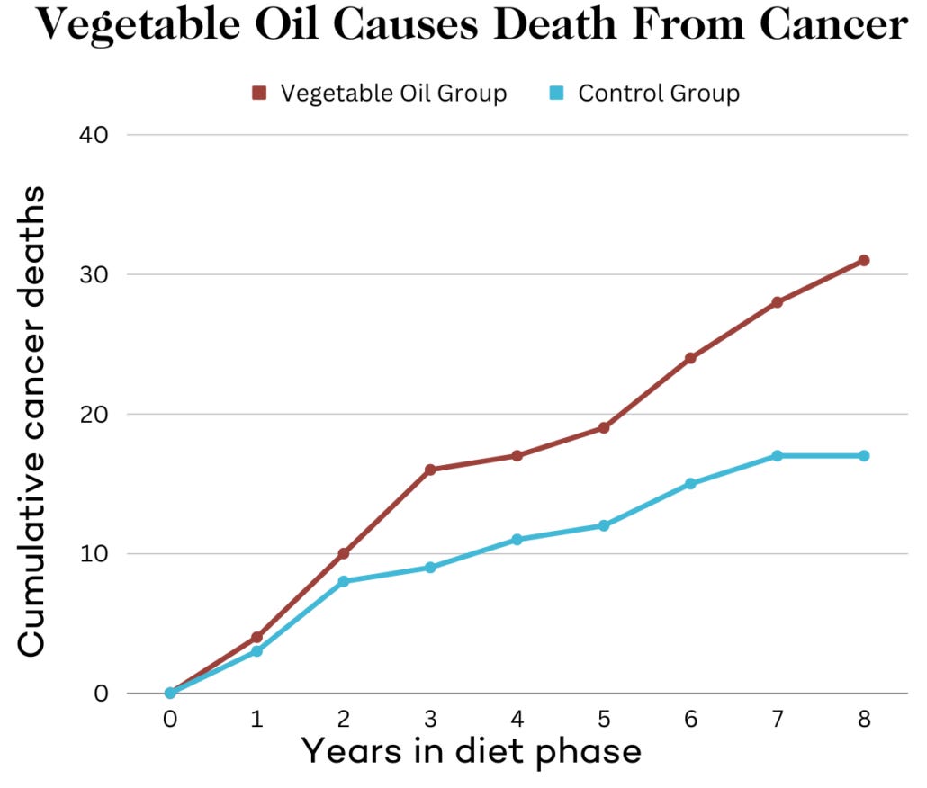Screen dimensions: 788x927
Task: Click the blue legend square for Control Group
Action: pos(556,93)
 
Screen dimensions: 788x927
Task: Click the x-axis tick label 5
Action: pos(603,720)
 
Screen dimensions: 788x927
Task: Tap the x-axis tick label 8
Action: pos(864,720)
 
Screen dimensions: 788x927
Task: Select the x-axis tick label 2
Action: pos(343,720)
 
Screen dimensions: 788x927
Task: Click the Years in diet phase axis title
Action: pos(471,749)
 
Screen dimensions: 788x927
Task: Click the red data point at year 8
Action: pos(864,260)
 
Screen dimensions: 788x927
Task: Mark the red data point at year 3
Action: pos(430,470)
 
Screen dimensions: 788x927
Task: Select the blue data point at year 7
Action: pos(777,456)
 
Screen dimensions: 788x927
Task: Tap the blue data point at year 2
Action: pos(343,581)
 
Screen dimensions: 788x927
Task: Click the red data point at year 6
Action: pos(690,358)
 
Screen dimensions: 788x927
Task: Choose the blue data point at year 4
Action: pos(517,540)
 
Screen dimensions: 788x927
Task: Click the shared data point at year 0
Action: pos(169,693)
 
